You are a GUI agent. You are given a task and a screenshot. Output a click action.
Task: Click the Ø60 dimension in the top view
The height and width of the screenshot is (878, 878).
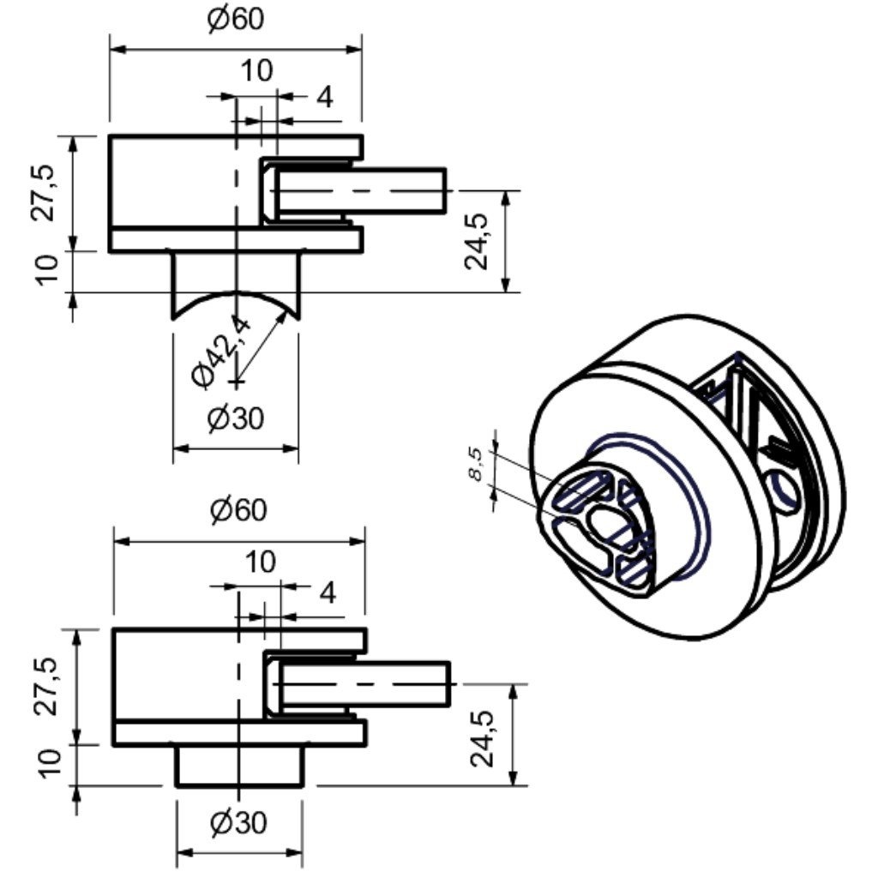point(236,19)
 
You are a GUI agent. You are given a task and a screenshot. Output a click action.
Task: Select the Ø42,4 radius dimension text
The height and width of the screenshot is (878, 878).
point(222,351)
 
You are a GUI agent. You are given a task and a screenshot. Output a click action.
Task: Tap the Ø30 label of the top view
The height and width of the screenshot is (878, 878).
point(236,419)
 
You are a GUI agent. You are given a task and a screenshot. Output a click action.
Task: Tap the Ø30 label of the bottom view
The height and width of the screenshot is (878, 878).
point(239,823)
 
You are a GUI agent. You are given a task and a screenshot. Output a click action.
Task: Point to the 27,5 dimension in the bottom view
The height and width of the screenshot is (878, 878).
point(50,686)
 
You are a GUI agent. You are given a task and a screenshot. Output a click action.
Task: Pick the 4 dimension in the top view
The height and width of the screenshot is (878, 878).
point(324,98)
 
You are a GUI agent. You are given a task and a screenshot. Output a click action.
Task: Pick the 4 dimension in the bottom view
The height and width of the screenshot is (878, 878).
point(328,592)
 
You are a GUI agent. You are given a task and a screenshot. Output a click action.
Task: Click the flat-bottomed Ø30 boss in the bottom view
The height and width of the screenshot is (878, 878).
point(239,765)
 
